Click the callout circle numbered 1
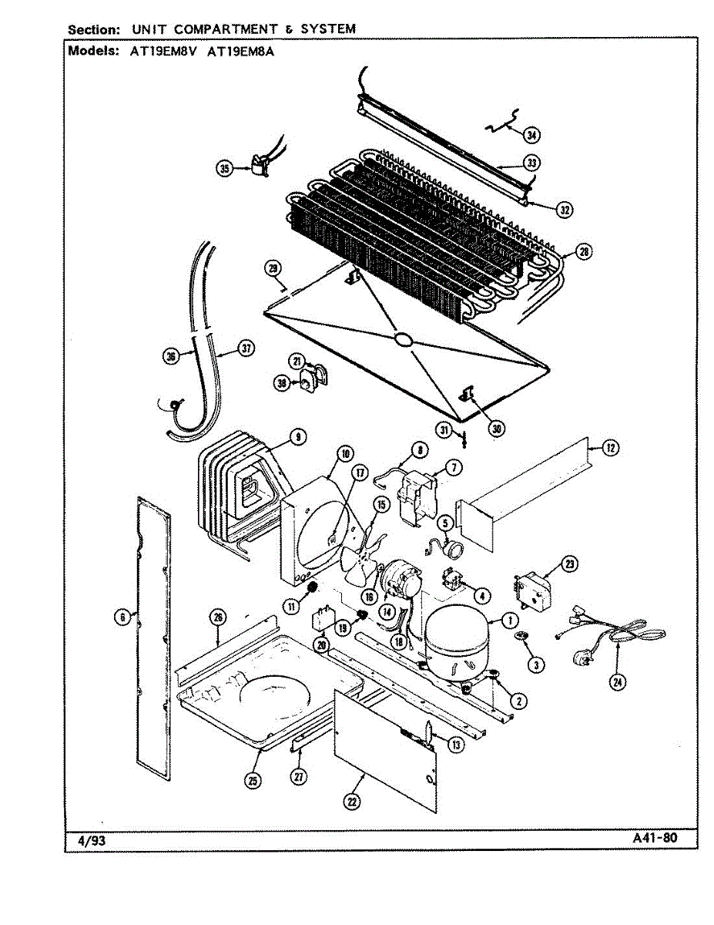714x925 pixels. coord(510,618)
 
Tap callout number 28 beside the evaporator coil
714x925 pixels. coord(584,252)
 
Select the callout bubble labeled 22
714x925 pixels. coord(351,802)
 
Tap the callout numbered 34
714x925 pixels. coord(531,135)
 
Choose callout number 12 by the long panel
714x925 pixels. coord(610,446)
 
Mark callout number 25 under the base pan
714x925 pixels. coord(253,780)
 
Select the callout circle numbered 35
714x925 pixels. coord(225,169)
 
